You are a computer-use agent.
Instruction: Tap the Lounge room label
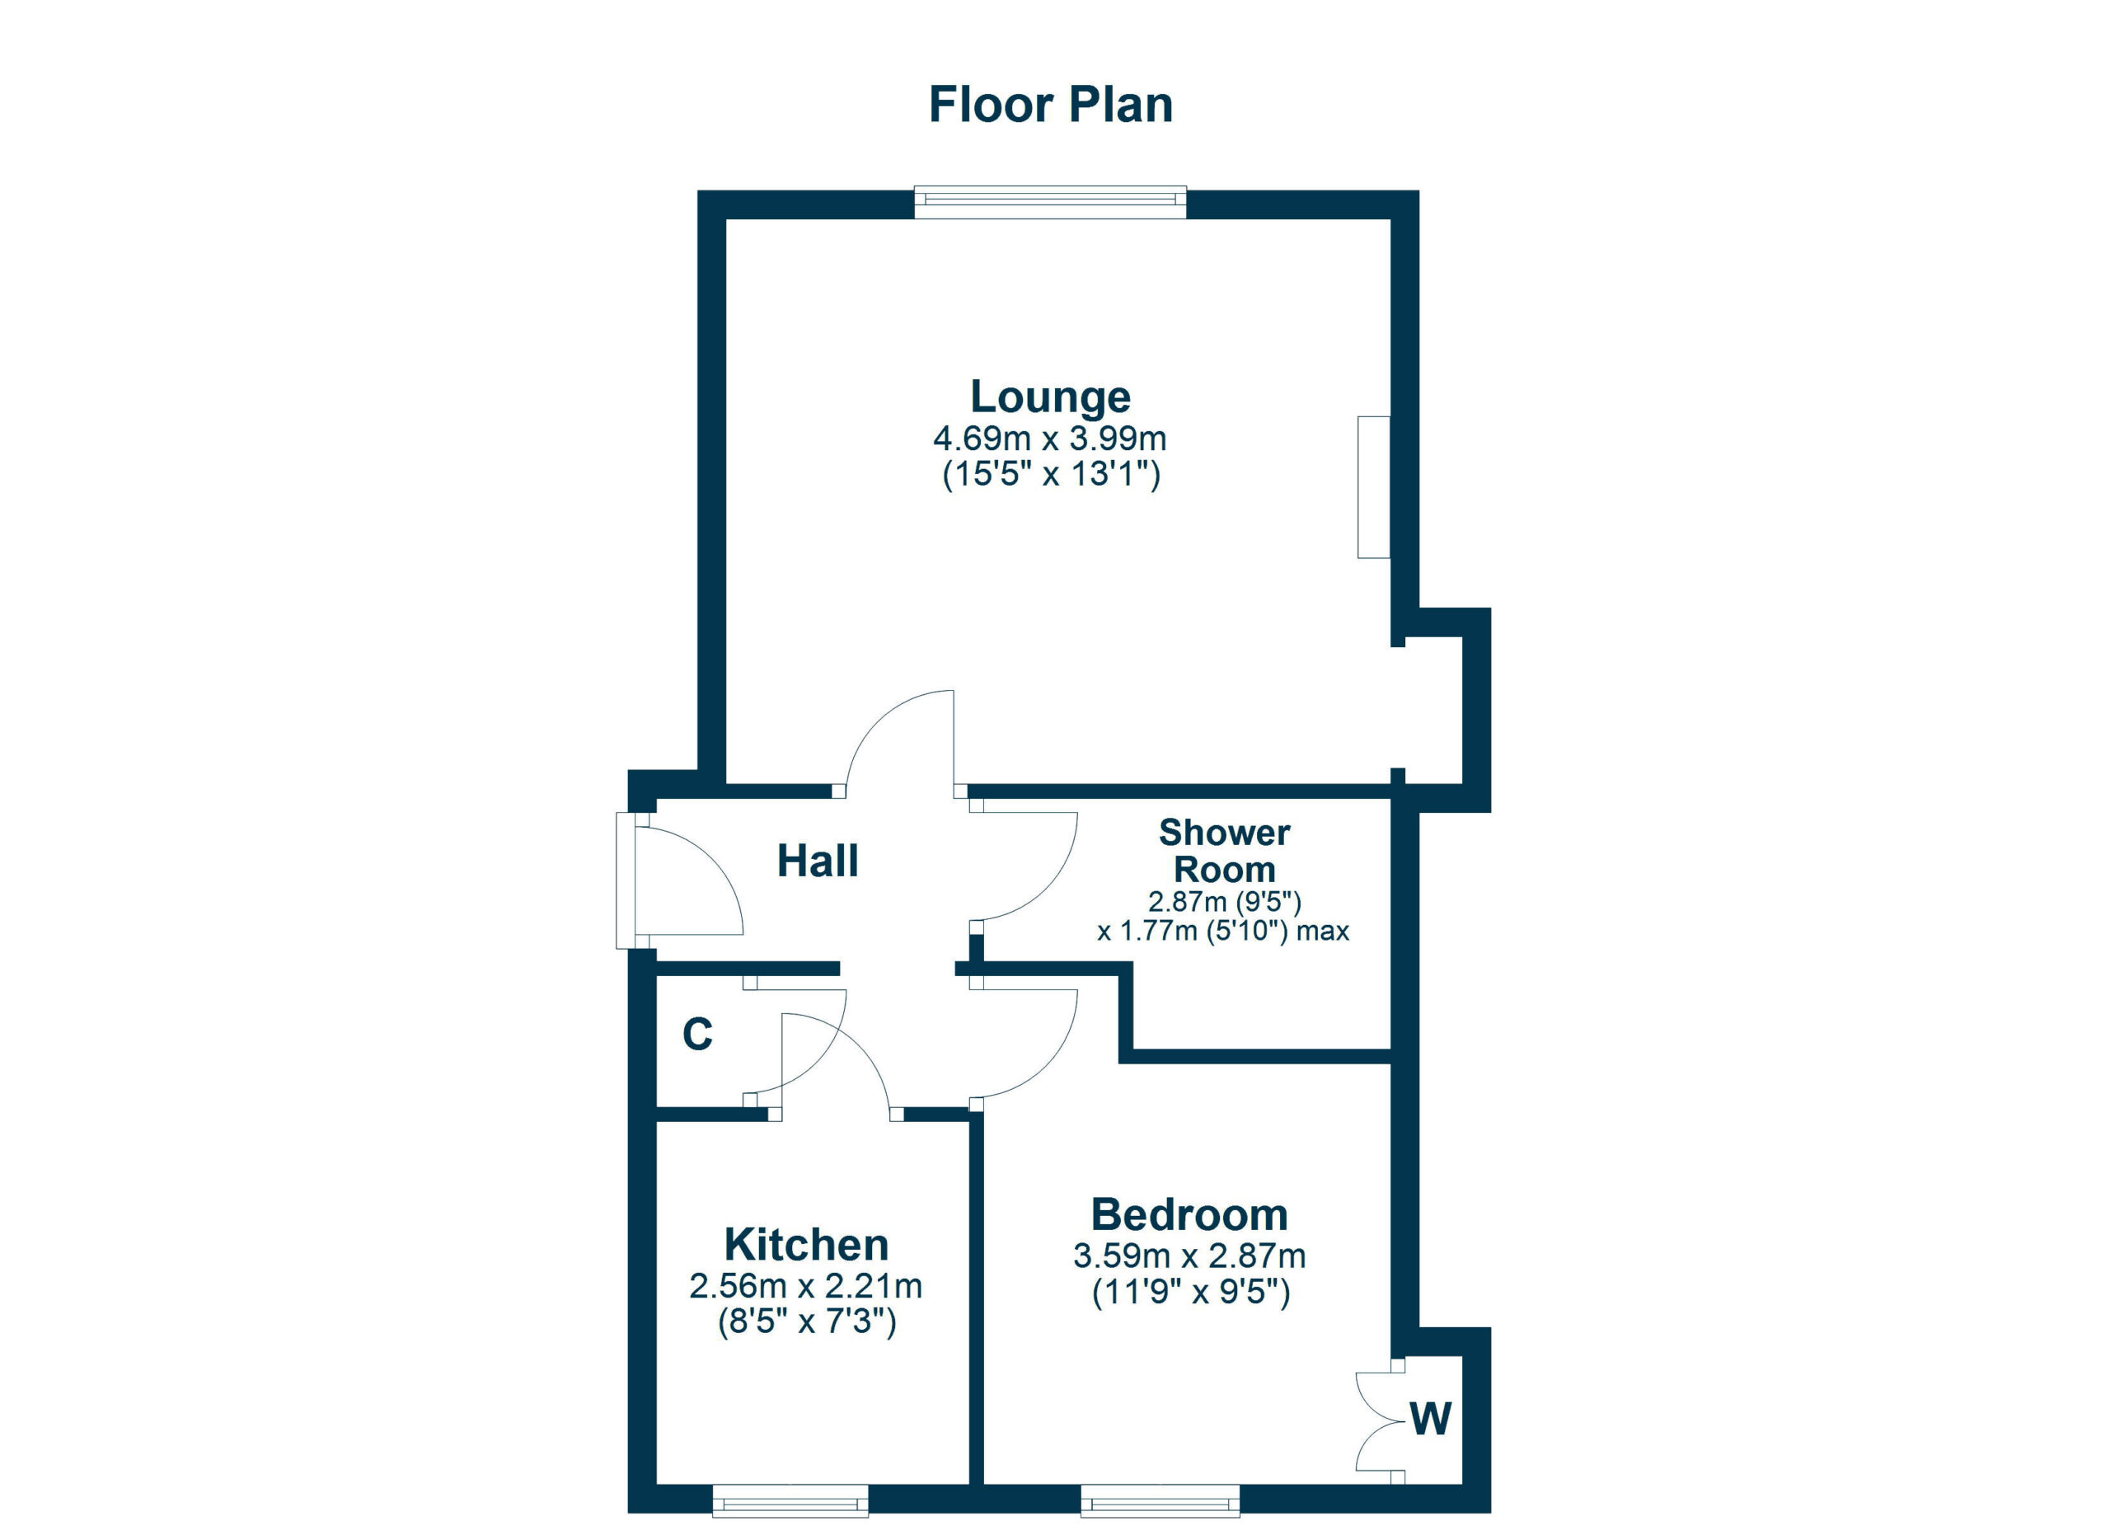[x=1050, y=397]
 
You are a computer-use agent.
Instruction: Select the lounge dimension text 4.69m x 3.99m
[x=1050, y=439]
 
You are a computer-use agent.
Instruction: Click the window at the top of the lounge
[x=1050, y=203]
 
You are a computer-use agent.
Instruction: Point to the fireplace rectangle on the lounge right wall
[x=1373, y=487]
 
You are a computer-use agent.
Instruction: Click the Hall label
[x=817, y=861]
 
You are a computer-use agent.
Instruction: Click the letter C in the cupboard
[x=698, y=1035]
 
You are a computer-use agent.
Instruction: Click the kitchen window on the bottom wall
[x=790, y=1500]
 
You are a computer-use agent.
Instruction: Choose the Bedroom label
[x=1189, y=1215]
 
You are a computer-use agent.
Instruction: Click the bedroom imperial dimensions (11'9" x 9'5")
[x=1191, y=1293]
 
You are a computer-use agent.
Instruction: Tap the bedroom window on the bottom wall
[x=1160, y=1500]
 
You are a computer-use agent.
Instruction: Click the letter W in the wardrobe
[x=1430, y=1420]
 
